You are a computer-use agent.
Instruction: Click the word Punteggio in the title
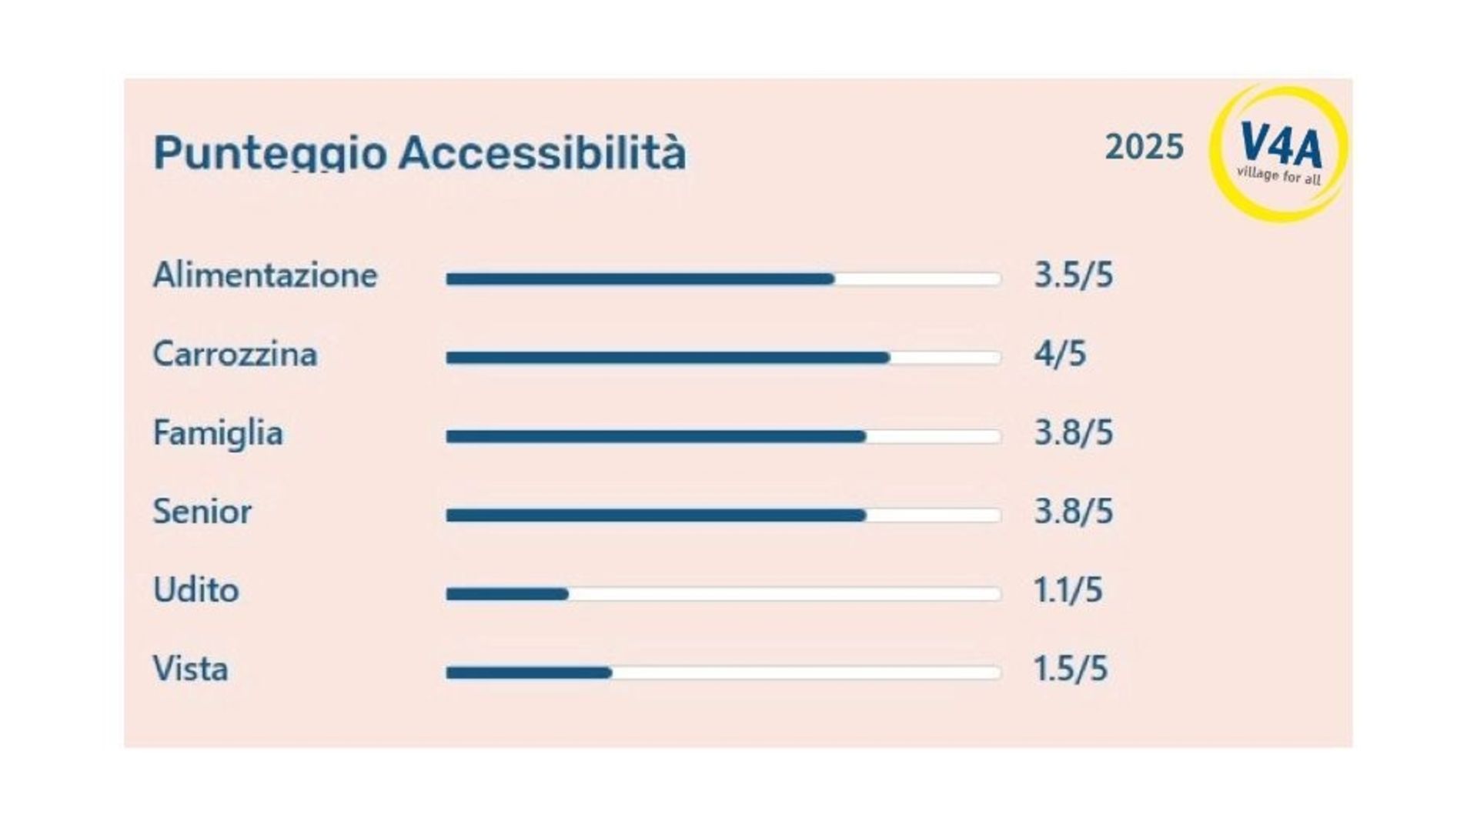pos(269,152)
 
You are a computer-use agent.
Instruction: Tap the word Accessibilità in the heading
pos(542,152)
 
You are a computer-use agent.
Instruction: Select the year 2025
pos(1145,147)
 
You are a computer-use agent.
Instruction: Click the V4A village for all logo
pos(1278,153)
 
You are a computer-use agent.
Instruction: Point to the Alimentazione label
pos(266,275)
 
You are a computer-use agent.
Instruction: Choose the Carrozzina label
pos(235,355)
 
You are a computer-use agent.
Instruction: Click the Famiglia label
pos(218,433)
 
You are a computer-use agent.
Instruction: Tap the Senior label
pos(202,512)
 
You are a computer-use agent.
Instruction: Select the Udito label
pos(196,590)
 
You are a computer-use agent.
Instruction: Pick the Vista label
pos(190,669)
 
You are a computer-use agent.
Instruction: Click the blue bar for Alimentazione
pos(640,279)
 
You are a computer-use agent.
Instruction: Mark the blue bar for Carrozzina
pos(668,358)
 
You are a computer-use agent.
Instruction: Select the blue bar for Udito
pos(507,594)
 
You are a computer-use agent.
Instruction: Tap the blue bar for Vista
pos(529,673)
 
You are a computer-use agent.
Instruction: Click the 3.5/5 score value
pos(1074,275)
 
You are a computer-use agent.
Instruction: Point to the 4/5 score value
pos(1060,354)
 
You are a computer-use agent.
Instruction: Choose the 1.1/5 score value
pos(1068,590)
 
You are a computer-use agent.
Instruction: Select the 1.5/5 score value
pos(1071,669)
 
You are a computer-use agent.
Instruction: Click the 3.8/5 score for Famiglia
pos(1074,433)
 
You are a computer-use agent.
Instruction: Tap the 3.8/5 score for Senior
pos(1074,512)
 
